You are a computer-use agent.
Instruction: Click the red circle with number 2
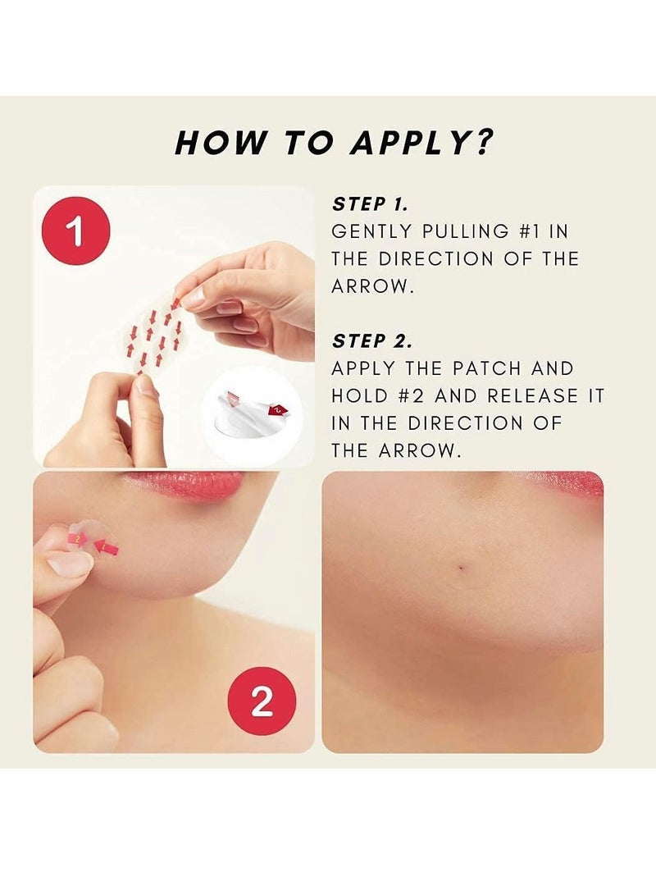(x=261, y=702)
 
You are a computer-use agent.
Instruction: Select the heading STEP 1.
(x=370, y=204)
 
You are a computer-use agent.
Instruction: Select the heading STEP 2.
(x=370, y=340)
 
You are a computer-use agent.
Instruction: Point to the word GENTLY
(x=370, y=231)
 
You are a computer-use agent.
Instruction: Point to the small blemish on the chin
(x=461, y=564)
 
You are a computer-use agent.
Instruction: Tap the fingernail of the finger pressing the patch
(x=70, y=564)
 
